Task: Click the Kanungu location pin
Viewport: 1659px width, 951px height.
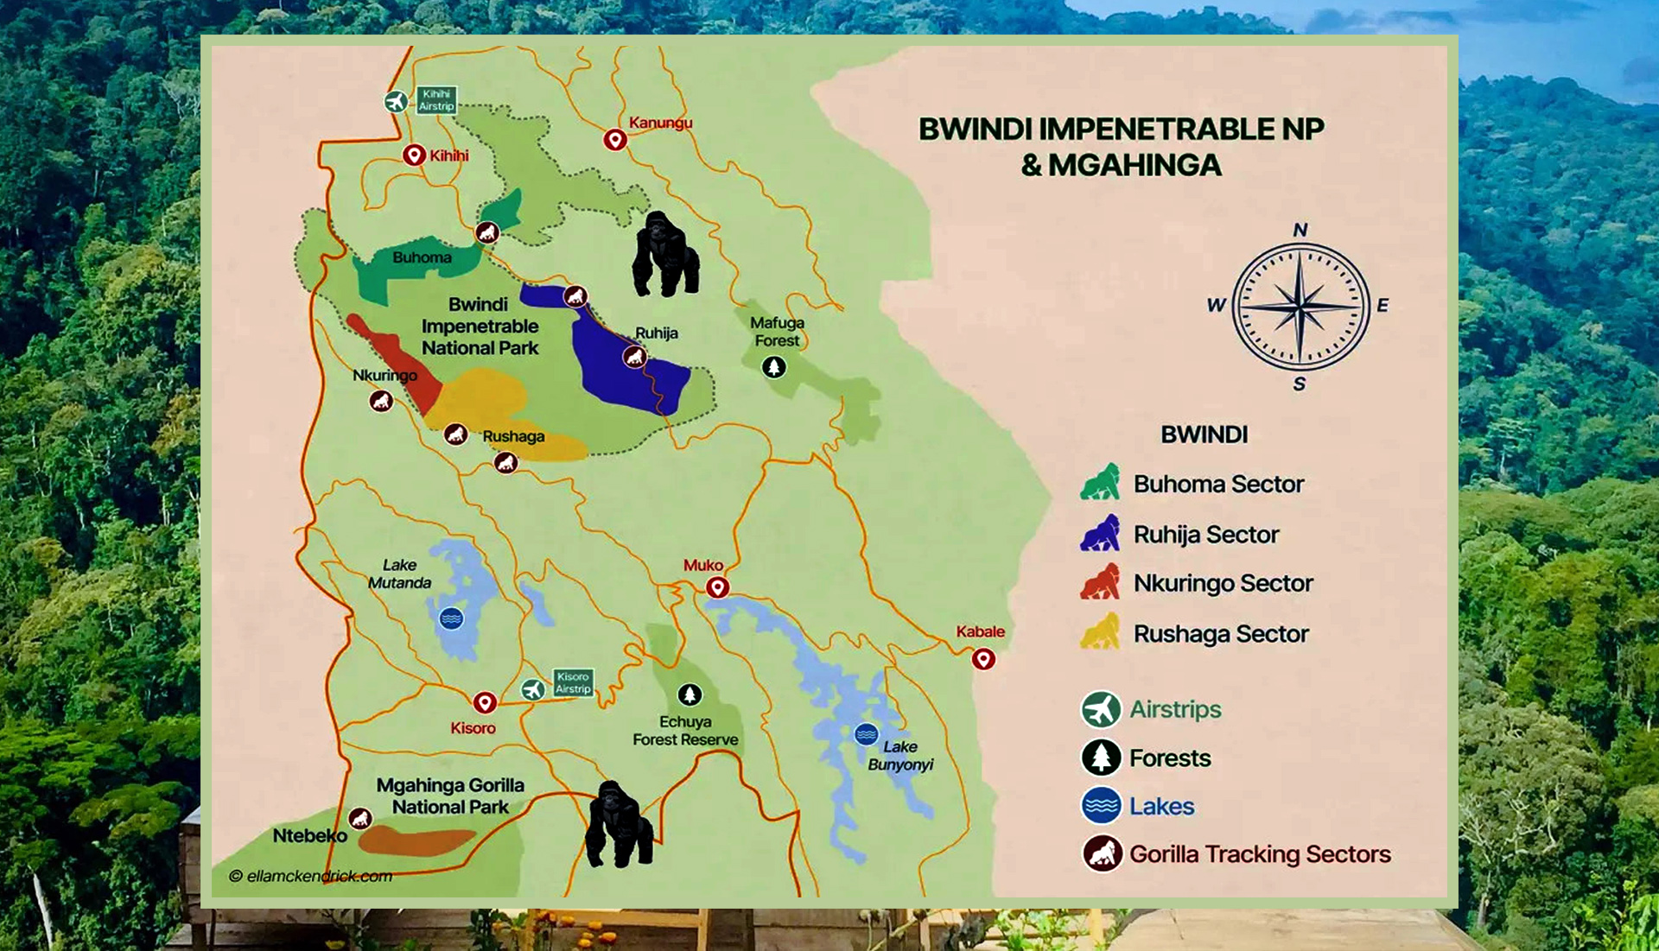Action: coord(614,140)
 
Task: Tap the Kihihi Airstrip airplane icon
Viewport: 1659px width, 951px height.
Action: coord(396,102)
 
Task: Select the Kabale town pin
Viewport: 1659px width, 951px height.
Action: coord(983,660)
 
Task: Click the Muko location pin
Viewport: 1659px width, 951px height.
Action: coord(717,588)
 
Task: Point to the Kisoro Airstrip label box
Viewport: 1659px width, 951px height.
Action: coord(573,683)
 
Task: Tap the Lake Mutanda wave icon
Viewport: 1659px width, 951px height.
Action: coord(451,618)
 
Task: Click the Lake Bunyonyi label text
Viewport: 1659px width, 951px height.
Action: coord(900,756)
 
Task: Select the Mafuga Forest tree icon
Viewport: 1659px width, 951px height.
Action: coord(773,367)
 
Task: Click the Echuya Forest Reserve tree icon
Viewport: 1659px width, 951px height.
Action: coord(689,694)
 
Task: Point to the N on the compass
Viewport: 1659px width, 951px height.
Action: coord(1300,230)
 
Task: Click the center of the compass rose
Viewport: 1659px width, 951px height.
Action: coord(1300,307)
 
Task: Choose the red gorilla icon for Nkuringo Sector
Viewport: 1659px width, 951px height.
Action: coord(1100,582)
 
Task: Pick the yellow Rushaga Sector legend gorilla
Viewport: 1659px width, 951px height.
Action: coord(1100,632)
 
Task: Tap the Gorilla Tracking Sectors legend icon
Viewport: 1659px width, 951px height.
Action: coord(1102,853)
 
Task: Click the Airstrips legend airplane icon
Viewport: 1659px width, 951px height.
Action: coord(1101,709)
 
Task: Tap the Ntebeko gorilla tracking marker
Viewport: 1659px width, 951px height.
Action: coord(359,818)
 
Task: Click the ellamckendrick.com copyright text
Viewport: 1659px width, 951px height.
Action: coord(311,876)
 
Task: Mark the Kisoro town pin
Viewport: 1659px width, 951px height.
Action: coord(485,702)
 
